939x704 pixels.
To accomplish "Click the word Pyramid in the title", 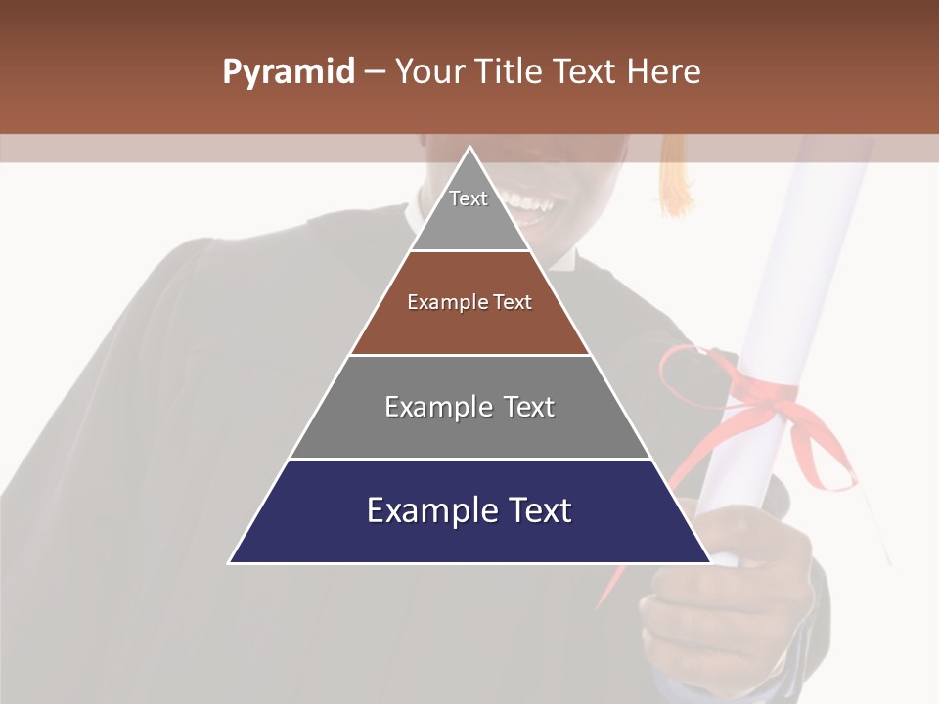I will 288,72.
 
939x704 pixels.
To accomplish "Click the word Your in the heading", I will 428,71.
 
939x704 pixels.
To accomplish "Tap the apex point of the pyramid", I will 470,148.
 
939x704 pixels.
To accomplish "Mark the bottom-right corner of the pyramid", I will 709,562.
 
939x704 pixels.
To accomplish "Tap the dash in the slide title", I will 374,72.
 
